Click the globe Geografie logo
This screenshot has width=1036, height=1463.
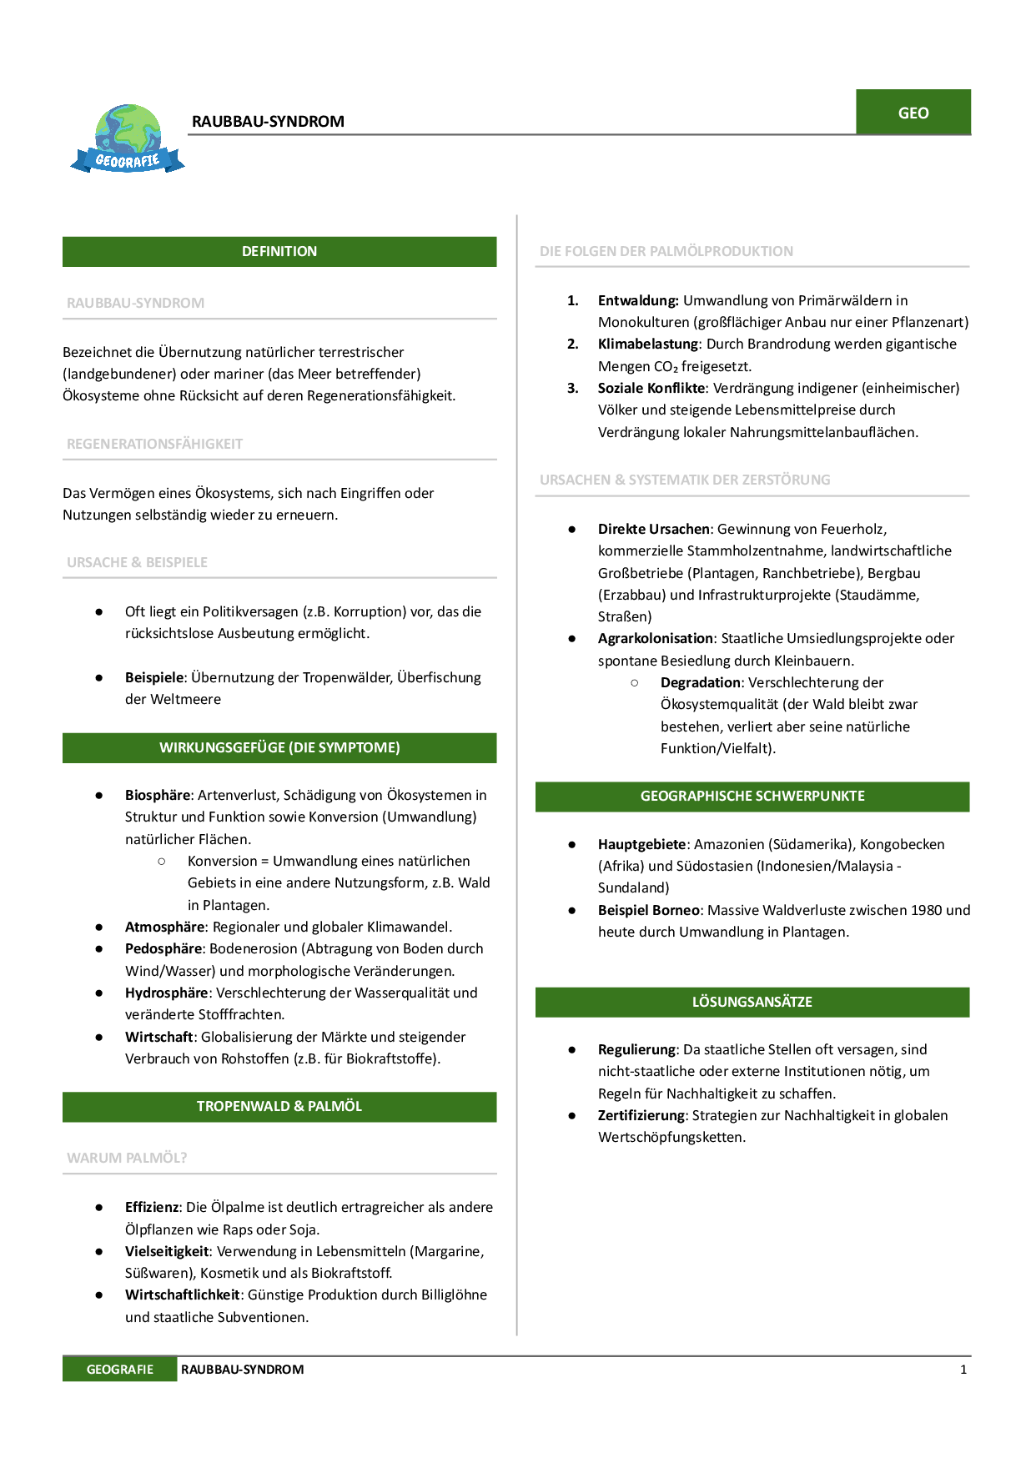(128, 138)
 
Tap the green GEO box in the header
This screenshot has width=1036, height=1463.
(913, 113)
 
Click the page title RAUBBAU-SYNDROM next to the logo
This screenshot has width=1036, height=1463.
(268, 122)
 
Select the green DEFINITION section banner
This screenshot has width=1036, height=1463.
(279, 251)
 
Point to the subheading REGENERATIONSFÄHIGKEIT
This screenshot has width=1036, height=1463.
(155, 444)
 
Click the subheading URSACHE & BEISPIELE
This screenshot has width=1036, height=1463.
(138, 562)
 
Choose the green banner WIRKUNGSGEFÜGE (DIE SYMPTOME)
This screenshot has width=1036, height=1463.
(279, 747)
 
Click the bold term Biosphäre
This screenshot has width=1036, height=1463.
(158, 795)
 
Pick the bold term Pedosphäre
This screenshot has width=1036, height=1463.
(163, 948)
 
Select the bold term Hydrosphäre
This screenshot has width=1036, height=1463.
(166, 993)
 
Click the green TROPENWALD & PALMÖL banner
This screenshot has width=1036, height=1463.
(279, 1106)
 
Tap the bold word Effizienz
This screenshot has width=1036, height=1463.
(152, 1207)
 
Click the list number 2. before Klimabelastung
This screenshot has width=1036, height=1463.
(573, 344)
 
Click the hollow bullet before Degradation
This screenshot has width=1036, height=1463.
(635, 682)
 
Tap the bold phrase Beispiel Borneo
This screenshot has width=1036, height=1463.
(648, 910)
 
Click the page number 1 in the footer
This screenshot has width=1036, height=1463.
(963, 1369)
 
